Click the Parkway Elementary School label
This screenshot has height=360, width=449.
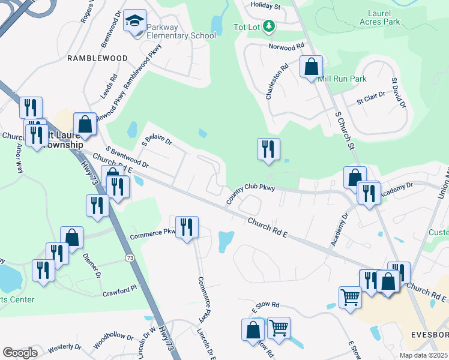[181, 36]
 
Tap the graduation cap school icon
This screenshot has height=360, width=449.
[134, 22]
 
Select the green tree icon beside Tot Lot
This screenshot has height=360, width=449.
[270, 26]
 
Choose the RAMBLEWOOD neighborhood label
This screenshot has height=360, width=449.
[98, 58]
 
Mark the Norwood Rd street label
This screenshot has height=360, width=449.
[288, 46]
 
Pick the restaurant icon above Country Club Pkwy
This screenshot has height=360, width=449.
[268, 149]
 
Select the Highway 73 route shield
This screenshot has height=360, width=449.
[129, 257]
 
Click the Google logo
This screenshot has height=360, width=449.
[19, 353]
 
